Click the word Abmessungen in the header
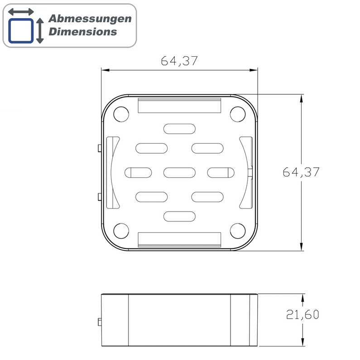pyautogui.click(x=90, y=19)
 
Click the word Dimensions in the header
pyautogui.click(x=83, y=31)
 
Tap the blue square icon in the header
pyautogui.click(x=21, y=30)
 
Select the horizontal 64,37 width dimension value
pyautogui.click(x=179, y=61)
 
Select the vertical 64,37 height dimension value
pyautogui.click(x=301, y=172)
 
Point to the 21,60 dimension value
pyautogui.click(x=302, y=315)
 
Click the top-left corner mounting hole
pyautogui.click(x=121, y=114)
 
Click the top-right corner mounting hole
pyautogui.click(x=238, y=114)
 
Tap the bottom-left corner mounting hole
pyautogui.click(x=121, y=231)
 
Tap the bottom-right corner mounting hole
pyautogui.click(x=238, y=231)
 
